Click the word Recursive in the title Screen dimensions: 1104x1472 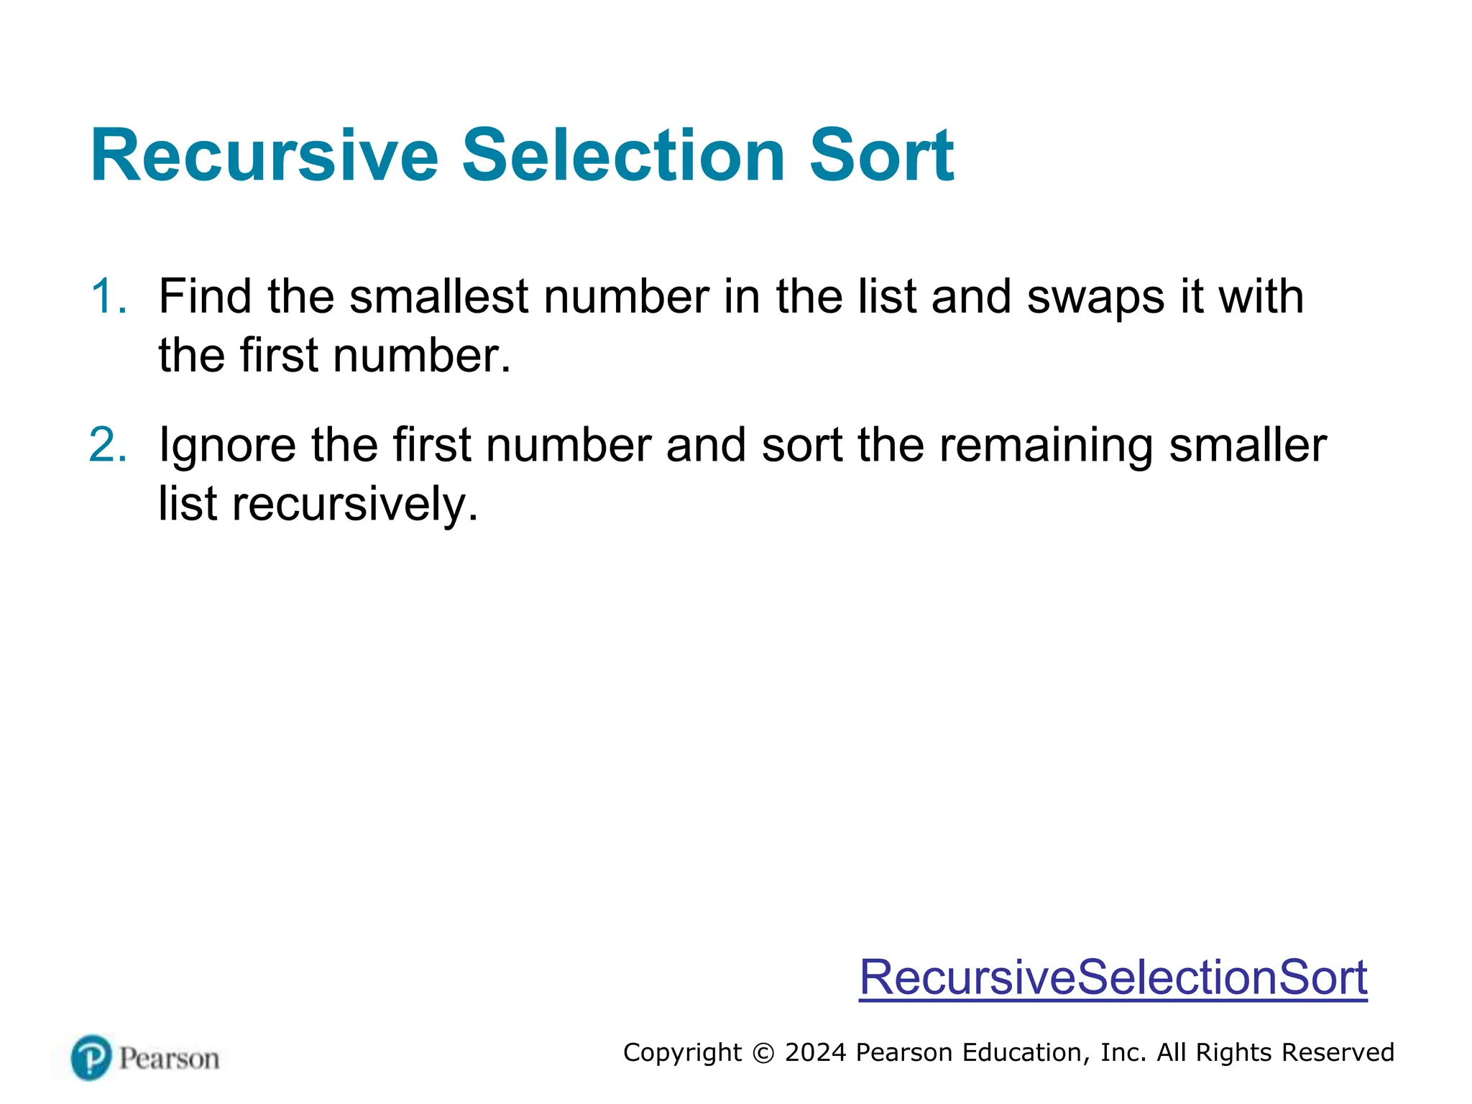pos(264,156)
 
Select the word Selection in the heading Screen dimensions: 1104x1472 pos(623,156)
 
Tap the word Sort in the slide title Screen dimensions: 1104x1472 pos(881,156)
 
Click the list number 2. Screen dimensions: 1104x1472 pos(108,444)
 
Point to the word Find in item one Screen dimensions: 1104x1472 pos(205,296)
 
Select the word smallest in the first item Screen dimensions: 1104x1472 pos(438,296)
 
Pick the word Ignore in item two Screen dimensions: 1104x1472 pos(227,446)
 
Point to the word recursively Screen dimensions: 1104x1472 pos(354,505)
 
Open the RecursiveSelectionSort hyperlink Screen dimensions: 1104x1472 pos(1113,977)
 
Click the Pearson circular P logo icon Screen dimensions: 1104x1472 pos(91,1057)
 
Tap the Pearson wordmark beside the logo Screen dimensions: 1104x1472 pos(169,1059)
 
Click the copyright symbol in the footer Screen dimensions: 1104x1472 pos(763,1053)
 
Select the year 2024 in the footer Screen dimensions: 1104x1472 pos(816,1052)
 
